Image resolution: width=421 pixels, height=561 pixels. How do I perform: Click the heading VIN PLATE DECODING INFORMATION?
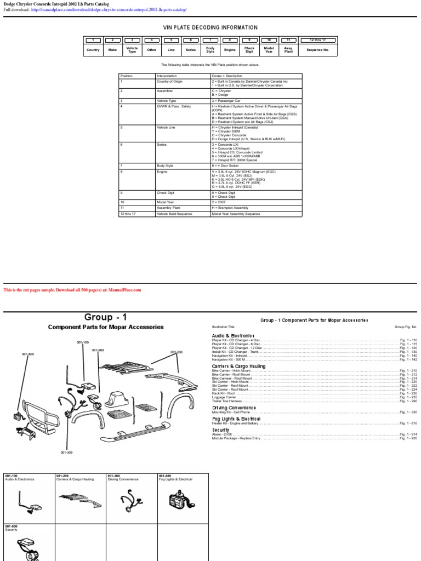tap(210, 27)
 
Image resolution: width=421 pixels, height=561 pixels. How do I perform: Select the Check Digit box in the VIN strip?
tap(249, 49)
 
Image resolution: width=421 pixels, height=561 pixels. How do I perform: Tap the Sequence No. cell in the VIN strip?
tap(318, 49)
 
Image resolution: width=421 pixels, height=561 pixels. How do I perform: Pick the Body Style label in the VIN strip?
tap(210, 49)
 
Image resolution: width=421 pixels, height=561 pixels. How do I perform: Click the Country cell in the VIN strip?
tap(93, 49)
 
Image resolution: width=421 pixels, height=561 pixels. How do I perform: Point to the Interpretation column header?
tap(167, 76)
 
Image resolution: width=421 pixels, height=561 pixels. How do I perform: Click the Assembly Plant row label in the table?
tap(168, 208)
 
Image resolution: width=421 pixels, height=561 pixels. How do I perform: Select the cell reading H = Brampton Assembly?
tap(230, 208)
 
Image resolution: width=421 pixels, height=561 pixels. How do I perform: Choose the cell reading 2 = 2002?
tap(219, 202)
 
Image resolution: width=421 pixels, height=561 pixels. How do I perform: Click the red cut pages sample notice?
tap(72, 290)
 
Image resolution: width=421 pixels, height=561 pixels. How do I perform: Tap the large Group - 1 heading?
tap(106, 317)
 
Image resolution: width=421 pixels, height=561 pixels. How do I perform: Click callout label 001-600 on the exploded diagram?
tap(28, 354)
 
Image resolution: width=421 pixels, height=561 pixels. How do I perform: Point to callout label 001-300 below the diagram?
tap(66, 452)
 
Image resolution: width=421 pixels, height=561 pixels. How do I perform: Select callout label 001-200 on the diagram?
tap(177, 352)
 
